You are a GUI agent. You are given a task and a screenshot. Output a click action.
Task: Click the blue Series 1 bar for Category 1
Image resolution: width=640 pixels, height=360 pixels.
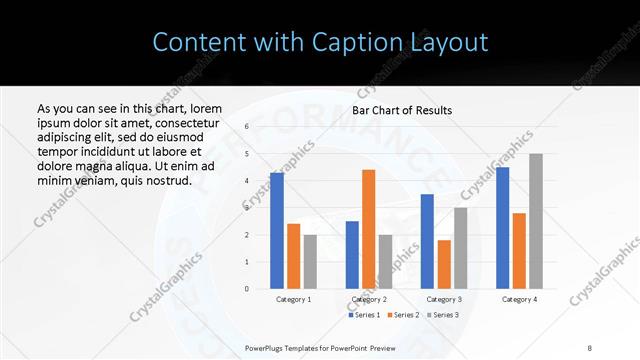[277, 231]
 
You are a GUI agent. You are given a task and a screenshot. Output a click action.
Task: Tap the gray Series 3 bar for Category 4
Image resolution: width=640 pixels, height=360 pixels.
[536, 221]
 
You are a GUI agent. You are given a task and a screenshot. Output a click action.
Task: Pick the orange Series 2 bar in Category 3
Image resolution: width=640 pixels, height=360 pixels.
[444, 264]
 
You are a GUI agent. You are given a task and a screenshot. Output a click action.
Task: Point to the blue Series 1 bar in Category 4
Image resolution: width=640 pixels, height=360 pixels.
[502, 228]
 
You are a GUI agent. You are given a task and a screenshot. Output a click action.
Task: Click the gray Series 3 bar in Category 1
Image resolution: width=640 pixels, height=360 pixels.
[310, 262]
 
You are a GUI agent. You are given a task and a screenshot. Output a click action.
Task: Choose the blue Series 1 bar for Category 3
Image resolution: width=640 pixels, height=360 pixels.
[427, 241]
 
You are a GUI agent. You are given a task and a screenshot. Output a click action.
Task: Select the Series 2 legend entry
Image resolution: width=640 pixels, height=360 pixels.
[402, 315]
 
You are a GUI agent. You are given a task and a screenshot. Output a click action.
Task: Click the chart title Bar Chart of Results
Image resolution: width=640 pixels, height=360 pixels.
[402, 110]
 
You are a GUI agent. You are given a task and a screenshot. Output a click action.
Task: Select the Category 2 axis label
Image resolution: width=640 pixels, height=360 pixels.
[369, 299]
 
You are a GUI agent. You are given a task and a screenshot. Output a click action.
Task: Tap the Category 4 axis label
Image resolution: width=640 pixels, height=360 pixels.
[519, 299]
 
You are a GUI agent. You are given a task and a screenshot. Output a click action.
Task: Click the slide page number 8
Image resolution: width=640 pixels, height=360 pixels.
[590, 347]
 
